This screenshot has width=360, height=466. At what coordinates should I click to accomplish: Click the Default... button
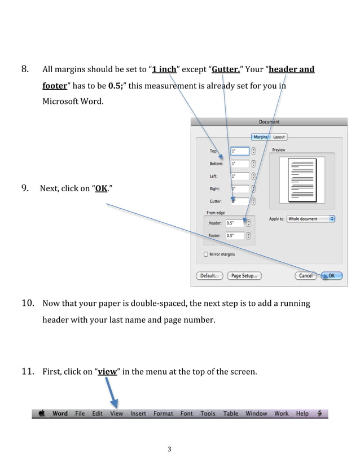pyautogui.click(x=209, y=276)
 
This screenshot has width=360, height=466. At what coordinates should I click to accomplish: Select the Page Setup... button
pyautogui.click(x=244, y=276)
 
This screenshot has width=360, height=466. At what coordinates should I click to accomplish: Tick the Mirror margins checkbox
pyautogui.click(x=206, y=254)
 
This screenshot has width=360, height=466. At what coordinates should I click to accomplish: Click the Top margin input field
pyautogui.click(x=239, y=151)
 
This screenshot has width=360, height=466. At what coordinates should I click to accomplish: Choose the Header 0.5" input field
pyautogui.click(x=235, y=223)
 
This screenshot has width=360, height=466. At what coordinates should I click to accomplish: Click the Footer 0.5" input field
pyautogui.click(x=235, y=236)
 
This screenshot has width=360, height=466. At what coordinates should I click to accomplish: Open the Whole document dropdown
pyautogui.click(x=310, y=219)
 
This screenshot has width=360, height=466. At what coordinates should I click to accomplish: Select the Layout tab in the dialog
pyautogui.click(x=279, y=137)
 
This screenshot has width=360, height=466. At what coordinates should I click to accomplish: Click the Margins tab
pyautogui.click(x=261, y=137)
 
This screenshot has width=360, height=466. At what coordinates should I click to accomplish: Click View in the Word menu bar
pyautogui.click(x=116, y=414)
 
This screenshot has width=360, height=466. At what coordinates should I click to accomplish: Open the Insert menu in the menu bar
pyautogui.click(x=138, y=414)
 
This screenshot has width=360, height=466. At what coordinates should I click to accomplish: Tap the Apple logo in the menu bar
pyautogui.click(x=42, y=414)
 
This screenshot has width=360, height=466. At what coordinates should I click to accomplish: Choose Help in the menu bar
pyautogui.click(x=302, y=414)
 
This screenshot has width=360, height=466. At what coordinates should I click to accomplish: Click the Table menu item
pyautogui.click(x=231, y=414)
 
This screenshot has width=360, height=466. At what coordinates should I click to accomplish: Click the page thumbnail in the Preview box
pyautogui.click(x=302, y=180)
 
